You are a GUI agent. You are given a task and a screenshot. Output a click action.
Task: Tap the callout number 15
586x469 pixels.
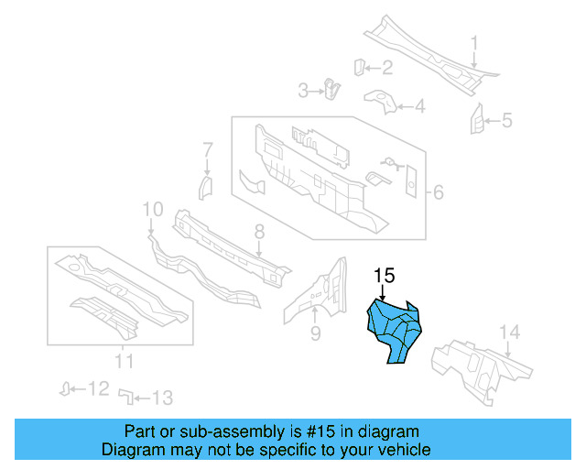384,275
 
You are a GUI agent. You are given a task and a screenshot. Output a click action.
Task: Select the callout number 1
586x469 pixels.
475,42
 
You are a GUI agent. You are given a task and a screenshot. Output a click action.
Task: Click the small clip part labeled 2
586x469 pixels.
360,65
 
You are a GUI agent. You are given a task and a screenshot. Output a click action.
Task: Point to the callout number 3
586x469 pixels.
304,89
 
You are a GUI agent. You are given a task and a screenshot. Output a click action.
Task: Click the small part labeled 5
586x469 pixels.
476,119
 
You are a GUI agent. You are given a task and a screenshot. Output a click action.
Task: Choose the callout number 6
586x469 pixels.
438,192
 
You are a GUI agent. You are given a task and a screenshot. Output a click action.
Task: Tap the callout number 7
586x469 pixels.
208,148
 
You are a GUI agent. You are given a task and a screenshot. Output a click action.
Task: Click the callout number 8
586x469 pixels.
259,231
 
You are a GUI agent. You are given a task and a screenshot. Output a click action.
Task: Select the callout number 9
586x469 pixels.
315,333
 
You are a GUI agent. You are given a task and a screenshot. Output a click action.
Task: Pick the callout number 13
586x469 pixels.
161,398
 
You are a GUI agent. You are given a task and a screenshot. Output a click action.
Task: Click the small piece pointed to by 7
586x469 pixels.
206,188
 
